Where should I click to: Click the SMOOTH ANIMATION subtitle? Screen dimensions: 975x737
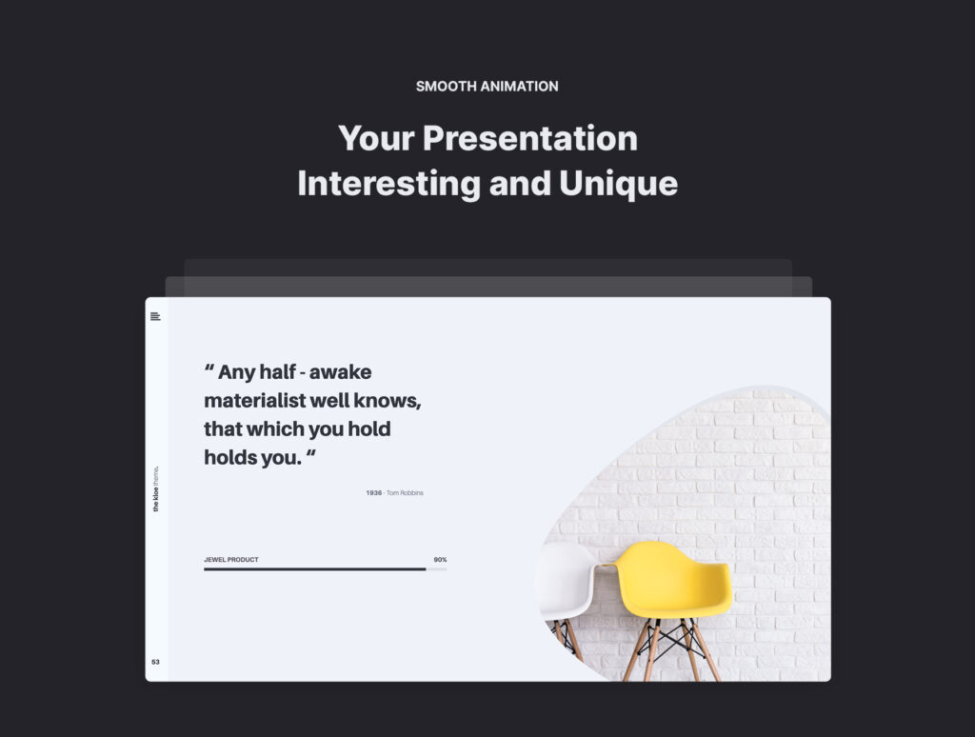coord(487,87)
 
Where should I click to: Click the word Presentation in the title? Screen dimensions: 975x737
coord(529,138)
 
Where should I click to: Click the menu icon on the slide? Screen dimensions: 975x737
coord(155,316)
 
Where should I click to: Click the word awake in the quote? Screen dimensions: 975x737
coord(340,372)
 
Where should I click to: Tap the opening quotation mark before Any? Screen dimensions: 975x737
coord(209,368)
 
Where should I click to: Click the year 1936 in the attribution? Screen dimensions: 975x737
coord(373,492)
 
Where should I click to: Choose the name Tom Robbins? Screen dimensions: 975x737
coord(405,492)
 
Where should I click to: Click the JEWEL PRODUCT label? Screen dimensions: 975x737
coord(231,560)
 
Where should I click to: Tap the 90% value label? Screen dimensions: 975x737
coord(440,560)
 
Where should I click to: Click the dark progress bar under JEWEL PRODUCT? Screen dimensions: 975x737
coord(314,569)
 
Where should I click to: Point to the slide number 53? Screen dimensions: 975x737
coord(155,662)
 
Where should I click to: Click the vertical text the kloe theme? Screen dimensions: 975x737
coord(155,488)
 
